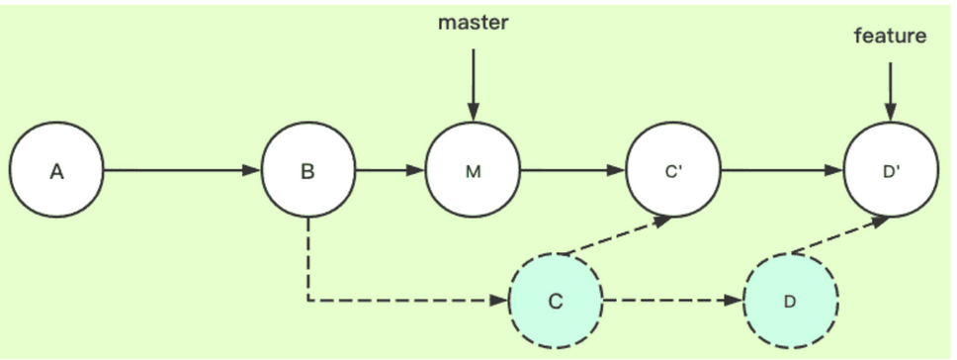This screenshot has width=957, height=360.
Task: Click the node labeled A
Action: pyautogui.click(x=56, y=171)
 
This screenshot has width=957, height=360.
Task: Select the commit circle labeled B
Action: pyautogui.click(x=307, y=171)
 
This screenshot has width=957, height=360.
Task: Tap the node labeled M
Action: pyautogui.click(x=473, y=171)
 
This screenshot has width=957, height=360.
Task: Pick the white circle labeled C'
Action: pyautogui.click(x=673, y=171)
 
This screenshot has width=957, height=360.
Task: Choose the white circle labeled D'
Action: pyautogui.click(x=891, y=171)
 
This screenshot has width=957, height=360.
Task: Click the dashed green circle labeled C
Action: pyautogui.click(x=555, y=301)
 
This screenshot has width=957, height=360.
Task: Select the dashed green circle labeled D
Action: pyautogui.click(x=789, y=301)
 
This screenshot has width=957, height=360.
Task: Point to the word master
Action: pyautogui.click(x=473, y=22)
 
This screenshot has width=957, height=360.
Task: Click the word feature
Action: pyautogui.click(x=890, y=37)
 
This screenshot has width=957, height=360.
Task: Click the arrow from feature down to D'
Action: pyautogui.click(x=891, y=93)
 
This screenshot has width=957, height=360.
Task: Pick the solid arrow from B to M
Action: pyautogui.click(x=390, y=171)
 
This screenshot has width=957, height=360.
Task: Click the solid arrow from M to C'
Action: pyautogui.click(x=572, y=171)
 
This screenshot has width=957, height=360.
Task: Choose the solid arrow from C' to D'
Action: pyautogui.click(x=781, y=171)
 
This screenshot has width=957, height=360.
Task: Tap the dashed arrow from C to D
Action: pyautogui.click(x=672, y=301)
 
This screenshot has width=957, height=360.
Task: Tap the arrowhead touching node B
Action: pyautogui.click(x=252, y=171)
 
